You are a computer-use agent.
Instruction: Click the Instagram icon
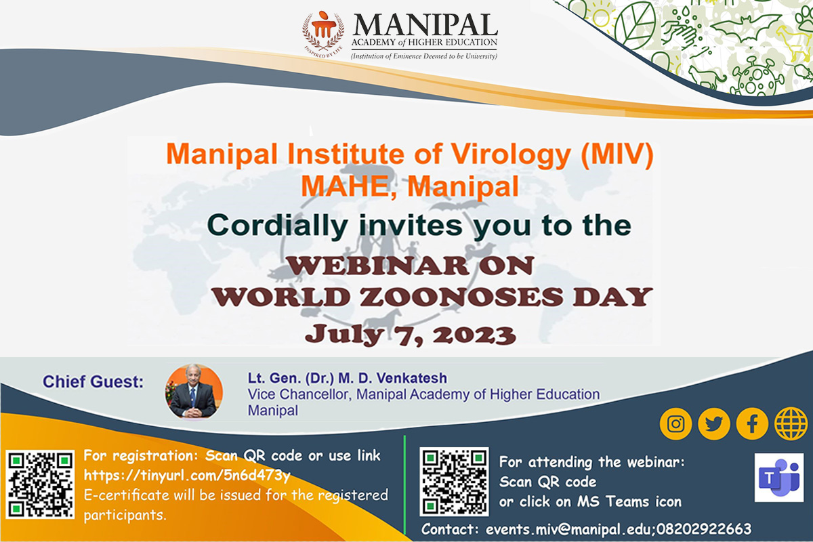pyautogui.click(x=676, y=423)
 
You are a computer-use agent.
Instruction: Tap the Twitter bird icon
pyautogui.click(x=714, y=423)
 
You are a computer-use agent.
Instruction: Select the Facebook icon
pyautogui.click(x=752, y=423)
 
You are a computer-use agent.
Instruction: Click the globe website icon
pyautogui.click(x=791, y=423)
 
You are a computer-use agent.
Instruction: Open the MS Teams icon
pyautogui.click(x=778, y=477)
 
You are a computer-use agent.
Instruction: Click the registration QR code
pyautogui.click(x=40, y=484)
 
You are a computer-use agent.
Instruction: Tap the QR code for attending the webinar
pyautogui.click(x=454, y=482)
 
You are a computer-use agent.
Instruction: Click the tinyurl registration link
pyautogui.click(x=187, y=475)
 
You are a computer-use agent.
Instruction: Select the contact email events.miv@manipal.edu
pyautogui.click(x=570, y=529)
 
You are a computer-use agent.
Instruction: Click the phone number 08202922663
pyautogui.click(x=703, y=529)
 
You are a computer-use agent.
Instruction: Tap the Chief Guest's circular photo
pyautogui.click(x=194, y=392)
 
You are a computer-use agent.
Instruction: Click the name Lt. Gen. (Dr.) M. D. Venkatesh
pyautogui.click(x=348, y=378)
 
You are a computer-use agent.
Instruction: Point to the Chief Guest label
pyautogui.click(x=93, y=381)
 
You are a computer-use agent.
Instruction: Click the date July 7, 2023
pyautogui.click(x=410, y=335)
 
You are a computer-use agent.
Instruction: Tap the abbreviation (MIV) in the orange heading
pyautogui.click(x=617, y=154)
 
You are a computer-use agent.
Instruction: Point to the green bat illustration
pyautogui.click(x=745, y=28)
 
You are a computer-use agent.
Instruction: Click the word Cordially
pyautogui.click(x=277, y=226)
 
